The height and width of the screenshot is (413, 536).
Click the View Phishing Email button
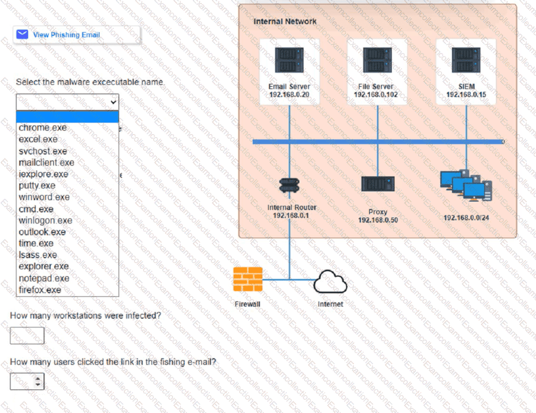pyautogui.click(x=66, y=35)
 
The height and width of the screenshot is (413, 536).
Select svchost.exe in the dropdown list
pyautogui.click(x=43, y=151)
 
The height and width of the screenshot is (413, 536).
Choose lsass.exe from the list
pyautogui.click(x=38, y=255)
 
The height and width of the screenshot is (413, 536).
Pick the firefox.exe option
pyautogui.click(x=40, y=290)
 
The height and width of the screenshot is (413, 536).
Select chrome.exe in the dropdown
pyautogui.click(x=43, y=128)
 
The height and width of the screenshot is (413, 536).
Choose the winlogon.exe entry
pyautogui.click(x=45, y=220)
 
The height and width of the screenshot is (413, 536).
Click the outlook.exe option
pyautogui.click(x=42, y=232)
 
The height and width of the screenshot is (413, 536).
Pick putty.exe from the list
pyautogui.click(x=37, y=186)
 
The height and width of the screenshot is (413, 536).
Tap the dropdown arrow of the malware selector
pyautogui.click(x=113, y=102)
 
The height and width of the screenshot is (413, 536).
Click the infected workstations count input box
pyautogui.click(x=27, y=336)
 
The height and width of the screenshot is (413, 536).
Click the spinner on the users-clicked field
pyautogui.click(x=38, y=381)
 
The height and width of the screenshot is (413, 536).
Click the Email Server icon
pyautogui.click(x=289, y=60)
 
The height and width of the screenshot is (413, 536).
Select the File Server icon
pyautogui.click(x=377, y=60)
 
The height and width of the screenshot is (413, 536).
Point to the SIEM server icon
pyautogui.click(x=466, y=60)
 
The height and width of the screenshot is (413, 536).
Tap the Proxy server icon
pyautogui.click(x=378, y=184)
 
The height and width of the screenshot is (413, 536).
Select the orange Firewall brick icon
pyautogui.click(x=248, y=279)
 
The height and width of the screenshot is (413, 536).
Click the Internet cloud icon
pyautogui.click(x=330, y=282)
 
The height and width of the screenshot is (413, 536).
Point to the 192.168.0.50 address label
pyautogui.click(x=378, y=220)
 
